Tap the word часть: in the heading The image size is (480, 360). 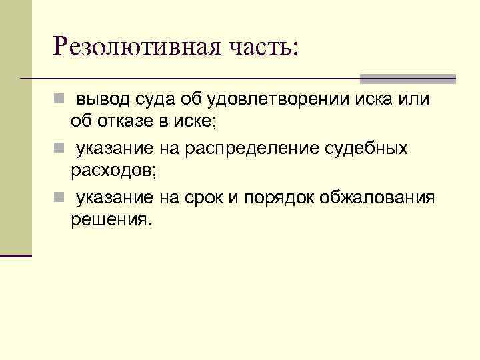pyautogui.click(x=261, y=46)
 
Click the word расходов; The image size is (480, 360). pyautogui.click(x=113, y=169)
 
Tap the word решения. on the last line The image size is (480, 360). pyautogui.click(x=111, y=219)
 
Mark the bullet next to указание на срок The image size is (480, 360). pyautogui.click(x=59, y=198)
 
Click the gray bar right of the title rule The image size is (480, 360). pyautogui.click(x=408, y=79)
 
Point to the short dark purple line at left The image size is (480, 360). pyautogui.click(x=16, y=255)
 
